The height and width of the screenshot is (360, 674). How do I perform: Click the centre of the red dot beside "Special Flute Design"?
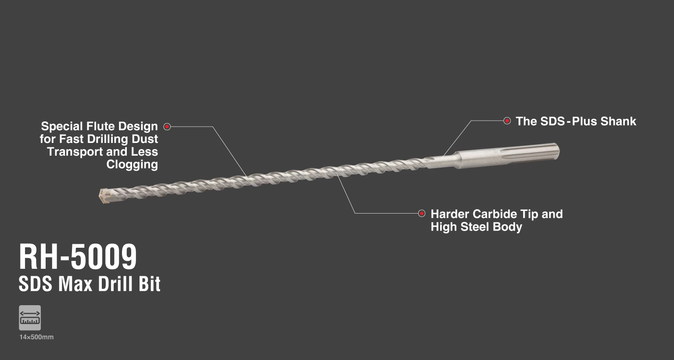pos(167,127)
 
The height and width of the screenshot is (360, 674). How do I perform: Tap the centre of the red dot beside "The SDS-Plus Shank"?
pos(507,121)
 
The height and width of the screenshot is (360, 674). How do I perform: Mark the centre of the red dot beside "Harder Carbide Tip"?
pos(422,213)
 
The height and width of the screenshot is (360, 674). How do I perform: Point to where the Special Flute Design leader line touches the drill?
pos(247,176)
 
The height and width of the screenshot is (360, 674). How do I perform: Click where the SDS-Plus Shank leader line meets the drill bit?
pos(443,156)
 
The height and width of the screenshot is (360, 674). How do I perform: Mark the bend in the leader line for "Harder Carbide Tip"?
pos(355,213)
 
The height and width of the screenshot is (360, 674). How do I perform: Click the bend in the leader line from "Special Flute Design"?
pos(213,127)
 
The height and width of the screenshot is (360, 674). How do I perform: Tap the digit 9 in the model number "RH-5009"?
pos(128,257)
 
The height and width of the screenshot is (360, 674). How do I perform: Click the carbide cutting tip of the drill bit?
pos(104,196)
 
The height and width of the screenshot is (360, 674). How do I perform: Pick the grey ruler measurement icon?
pos(30,318)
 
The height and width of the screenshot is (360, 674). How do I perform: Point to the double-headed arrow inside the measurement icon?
pos(30,314)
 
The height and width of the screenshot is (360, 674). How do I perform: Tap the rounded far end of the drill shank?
pos(557,151)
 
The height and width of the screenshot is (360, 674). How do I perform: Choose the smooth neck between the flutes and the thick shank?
pos(442,161)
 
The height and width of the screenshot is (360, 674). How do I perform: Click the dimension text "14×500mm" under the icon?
pos(36,337)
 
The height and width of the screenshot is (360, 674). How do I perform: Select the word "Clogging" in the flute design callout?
pos(132,164)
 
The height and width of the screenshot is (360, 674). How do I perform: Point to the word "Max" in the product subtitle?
pos(75,284)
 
